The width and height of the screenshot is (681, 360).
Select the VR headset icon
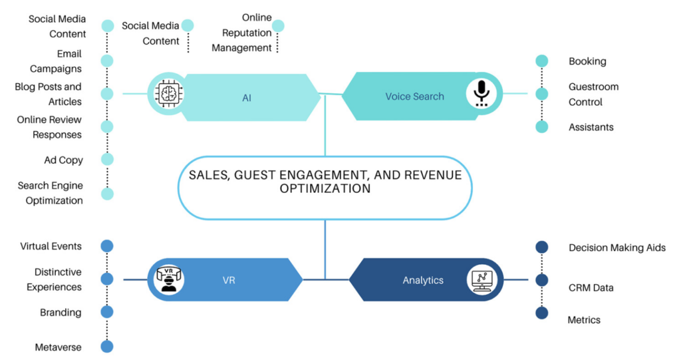click(x=169, y=279)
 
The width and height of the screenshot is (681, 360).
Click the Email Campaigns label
click(x=56, y=61)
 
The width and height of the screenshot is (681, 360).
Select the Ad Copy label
click(x=63, y=160)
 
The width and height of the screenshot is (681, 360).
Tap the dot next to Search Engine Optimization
click(x=107, y=194)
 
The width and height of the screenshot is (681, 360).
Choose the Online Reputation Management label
click(x=241, y=33)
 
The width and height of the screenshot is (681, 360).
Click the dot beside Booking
click(x=542, y=61)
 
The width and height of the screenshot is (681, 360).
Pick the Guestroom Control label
click(x=593, y=94)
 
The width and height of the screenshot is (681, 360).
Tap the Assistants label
click(x=591, y=127)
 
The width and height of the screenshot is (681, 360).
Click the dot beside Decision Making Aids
click(x=542, y=248)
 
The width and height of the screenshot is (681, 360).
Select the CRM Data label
click(x=591, y=287)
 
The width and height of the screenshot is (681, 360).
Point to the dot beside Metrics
click(x=542, y=313)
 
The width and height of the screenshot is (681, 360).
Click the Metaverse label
click(x=59, y=347)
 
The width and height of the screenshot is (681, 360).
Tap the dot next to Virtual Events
click(x=107, y=246)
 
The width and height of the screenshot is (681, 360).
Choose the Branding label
click(x=61, y=313)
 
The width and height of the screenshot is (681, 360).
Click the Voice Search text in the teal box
click(x=414, y=96)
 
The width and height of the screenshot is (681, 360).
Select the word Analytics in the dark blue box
click(x=422, y=280)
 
